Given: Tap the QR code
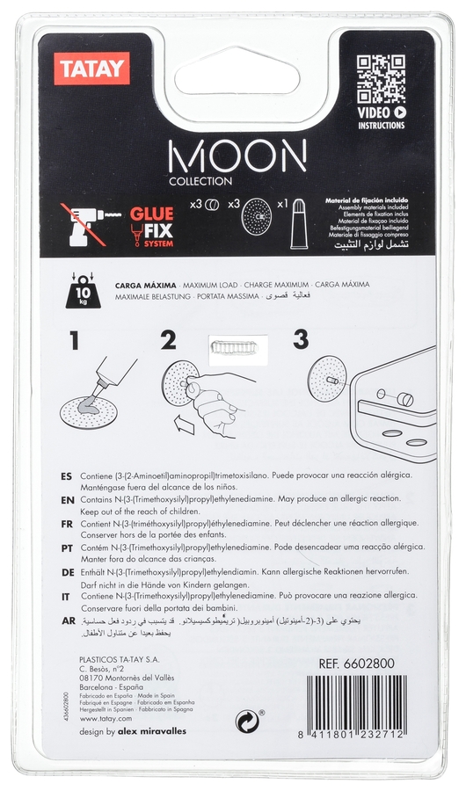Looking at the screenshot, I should tap(382, 78).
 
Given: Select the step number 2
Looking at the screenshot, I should tap(169, 340).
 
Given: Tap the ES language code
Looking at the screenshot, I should tap(66, 475).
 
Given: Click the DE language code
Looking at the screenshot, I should tap(66, 570).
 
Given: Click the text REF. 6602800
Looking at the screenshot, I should tap(358, 664).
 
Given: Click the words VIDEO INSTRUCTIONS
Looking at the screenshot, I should tap(382, 119).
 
